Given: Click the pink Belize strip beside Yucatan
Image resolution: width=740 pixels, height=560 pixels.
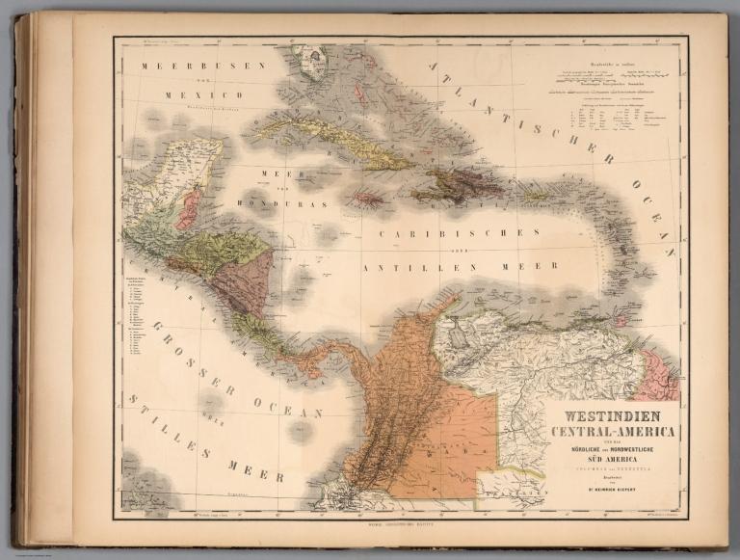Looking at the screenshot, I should pyautogui.click(x=188, y=208).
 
